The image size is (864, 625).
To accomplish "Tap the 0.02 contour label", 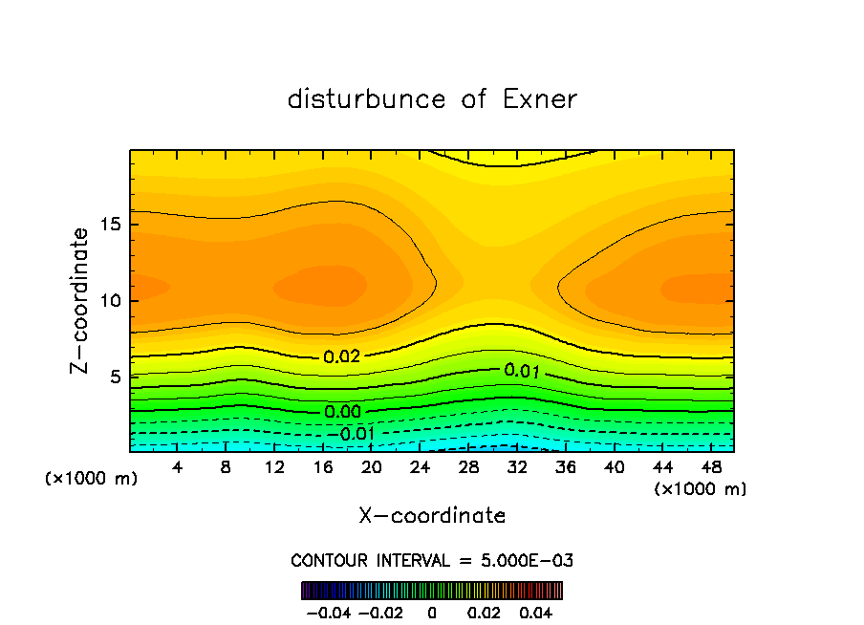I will [341, 357].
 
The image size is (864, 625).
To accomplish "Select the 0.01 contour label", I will [523, 370].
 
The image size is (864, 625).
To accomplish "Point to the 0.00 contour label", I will [341, 412].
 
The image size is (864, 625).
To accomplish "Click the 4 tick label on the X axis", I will [178, 467].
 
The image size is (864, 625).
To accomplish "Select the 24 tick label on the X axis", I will [420, 467].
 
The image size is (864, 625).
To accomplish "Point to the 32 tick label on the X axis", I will [517, 467].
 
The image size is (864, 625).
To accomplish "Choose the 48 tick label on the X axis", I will [710, 467].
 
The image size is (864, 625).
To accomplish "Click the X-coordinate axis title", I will [432, 516].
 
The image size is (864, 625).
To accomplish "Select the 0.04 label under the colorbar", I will [537, 612].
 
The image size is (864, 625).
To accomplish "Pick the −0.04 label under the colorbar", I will [328, 612].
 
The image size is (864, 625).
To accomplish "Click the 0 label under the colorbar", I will [432, 612].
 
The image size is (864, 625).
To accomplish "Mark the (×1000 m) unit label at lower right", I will [701, 488].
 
